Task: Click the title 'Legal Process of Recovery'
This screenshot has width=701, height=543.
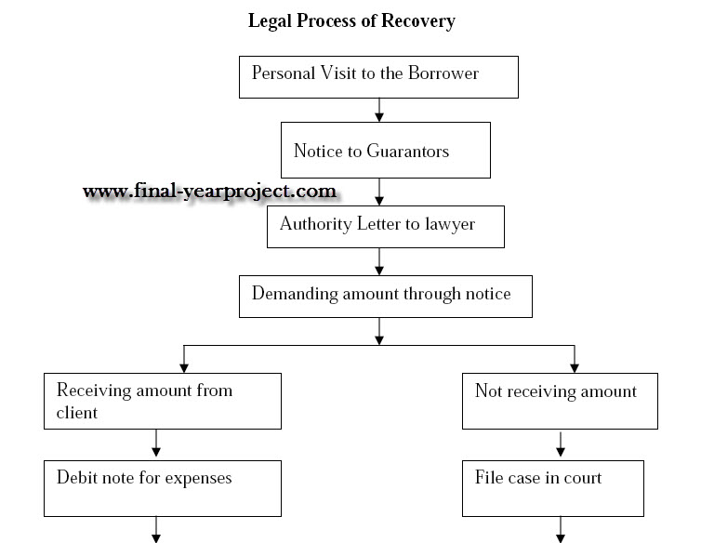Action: [x=351, y=20]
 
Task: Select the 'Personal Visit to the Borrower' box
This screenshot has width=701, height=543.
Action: [x=378, y=77]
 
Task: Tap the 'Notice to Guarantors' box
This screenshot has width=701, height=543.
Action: [x=385, y=151]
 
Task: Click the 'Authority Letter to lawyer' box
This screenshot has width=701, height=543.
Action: [x=385, y=227]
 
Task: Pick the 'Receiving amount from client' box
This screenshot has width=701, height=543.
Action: [x=162, y=401]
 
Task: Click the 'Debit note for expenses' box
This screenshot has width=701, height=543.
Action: [x=162, y=488]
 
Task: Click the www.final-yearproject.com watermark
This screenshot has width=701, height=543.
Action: [x=209, y=192]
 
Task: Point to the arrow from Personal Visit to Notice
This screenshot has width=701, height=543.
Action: [x=379, y=110]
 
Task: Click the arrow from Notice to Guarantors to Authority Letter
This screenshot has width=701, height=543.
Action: [x=379, y=192]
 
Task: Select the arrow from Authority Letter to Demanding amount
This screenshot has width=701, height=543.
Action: [x=379, y=261]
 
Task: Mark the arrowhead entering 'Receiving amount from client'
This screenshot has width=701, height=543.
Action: [x=184, y=367]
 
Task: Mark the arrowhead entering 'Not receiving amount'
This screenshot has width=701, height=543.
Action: [x=574, y=367]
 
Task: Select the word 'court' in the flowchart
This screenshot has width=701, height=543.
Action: [x=578, y=478]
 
